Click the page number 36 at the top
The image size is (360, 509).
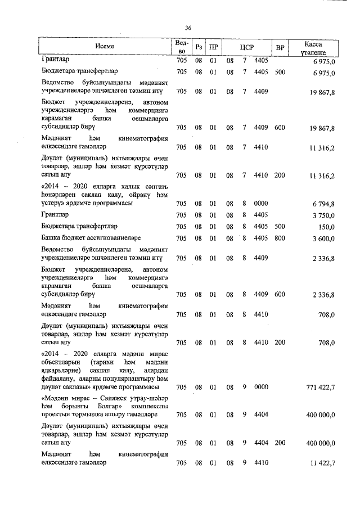pos(188,28)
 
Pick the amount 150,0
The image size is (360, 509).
pos(326,227)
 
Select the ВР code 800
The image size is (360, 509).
pos(280,238)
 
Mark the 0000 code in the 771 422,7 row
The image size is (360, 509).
pos(262,388)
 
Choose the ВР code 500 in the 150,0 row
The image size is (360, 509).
pos(280,227)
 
